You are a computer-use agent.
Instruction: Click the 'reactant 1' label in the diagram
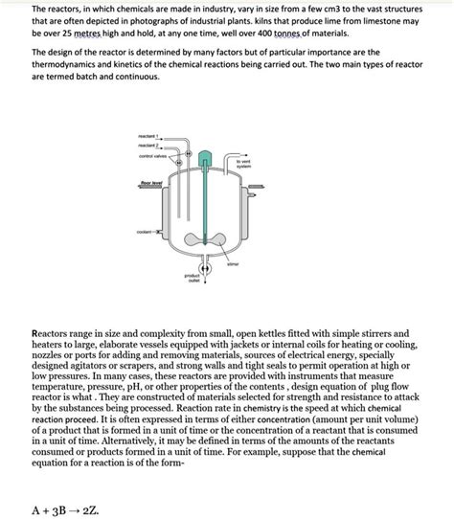pos(148,138)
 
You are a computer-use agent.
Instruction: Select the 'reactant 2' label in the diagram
pos(148,147)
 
